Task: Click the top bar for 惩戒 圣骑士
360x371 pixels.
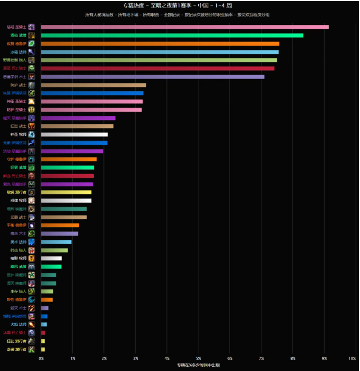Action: coord(185,27)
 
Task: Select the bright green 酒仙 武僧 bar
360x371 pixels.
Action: coord(172,36)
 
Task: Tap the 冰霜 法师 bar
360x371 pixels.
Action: coord(160,52)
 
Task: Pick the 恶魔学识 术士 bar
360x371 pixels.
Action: coord(152,77)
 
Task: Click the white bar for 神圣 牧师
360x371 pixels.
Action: coord(74,135)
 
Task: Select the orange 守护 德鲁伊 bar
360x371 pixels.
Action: coord(68,159)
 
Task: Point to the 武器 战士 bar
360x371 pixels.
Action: coord(64,217)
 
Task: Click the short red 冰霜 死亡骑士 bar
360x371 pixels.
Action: coord(43,333)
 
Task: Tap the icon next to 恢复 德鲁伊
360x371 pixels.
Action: coord(32,44)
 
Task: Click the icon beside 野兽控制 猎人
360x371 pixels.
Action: coord(32,61)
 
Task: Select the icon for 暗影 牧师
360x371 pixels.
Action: coord(32,258)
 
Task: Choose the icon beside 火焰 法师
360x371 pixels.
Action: coord(32,324)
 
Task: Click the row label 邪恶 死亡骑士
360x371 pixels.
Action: coord(14,68)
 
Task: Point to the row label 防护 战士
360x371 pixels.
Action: coord(17,85)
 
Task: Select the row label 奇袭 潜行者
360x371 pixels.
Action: coord(14,349)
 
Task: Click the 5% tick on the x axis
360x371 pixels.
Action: coord(198,359)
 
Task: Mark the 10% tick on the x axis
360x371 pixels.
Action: coord(352,359)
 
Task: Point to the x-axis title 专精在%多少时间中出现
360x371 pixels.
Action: coord(198,365)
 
